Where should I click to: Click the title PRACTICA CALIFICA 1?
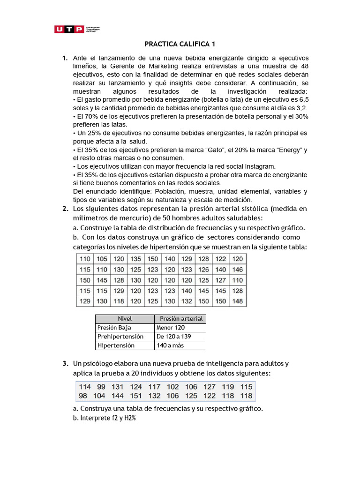click(180, 45)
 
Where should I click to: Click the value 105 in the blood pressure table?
click(101, 259)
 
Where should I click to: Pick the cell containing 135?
click(135, 259)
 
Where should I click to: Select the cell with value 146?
click(238, 270)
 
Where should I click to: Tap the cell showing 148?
click(238, 301)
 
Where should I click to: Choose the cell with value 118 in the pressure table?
click(119, 301)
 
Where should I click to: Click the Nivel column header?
click(125, 319)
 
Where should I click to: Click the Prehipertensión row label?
click(115, 337)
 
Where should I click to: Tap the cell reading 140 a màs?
click(172, 345)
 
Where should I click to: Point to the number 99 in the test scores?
click(101, 387)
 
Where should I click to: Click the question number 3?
click(66, 363)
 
